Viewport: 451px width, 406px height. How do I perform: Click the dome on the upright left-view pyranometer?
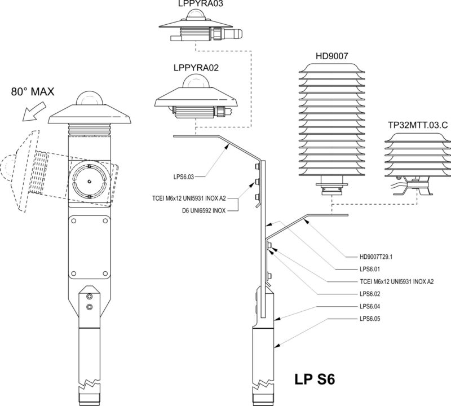tap(91, 99)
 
